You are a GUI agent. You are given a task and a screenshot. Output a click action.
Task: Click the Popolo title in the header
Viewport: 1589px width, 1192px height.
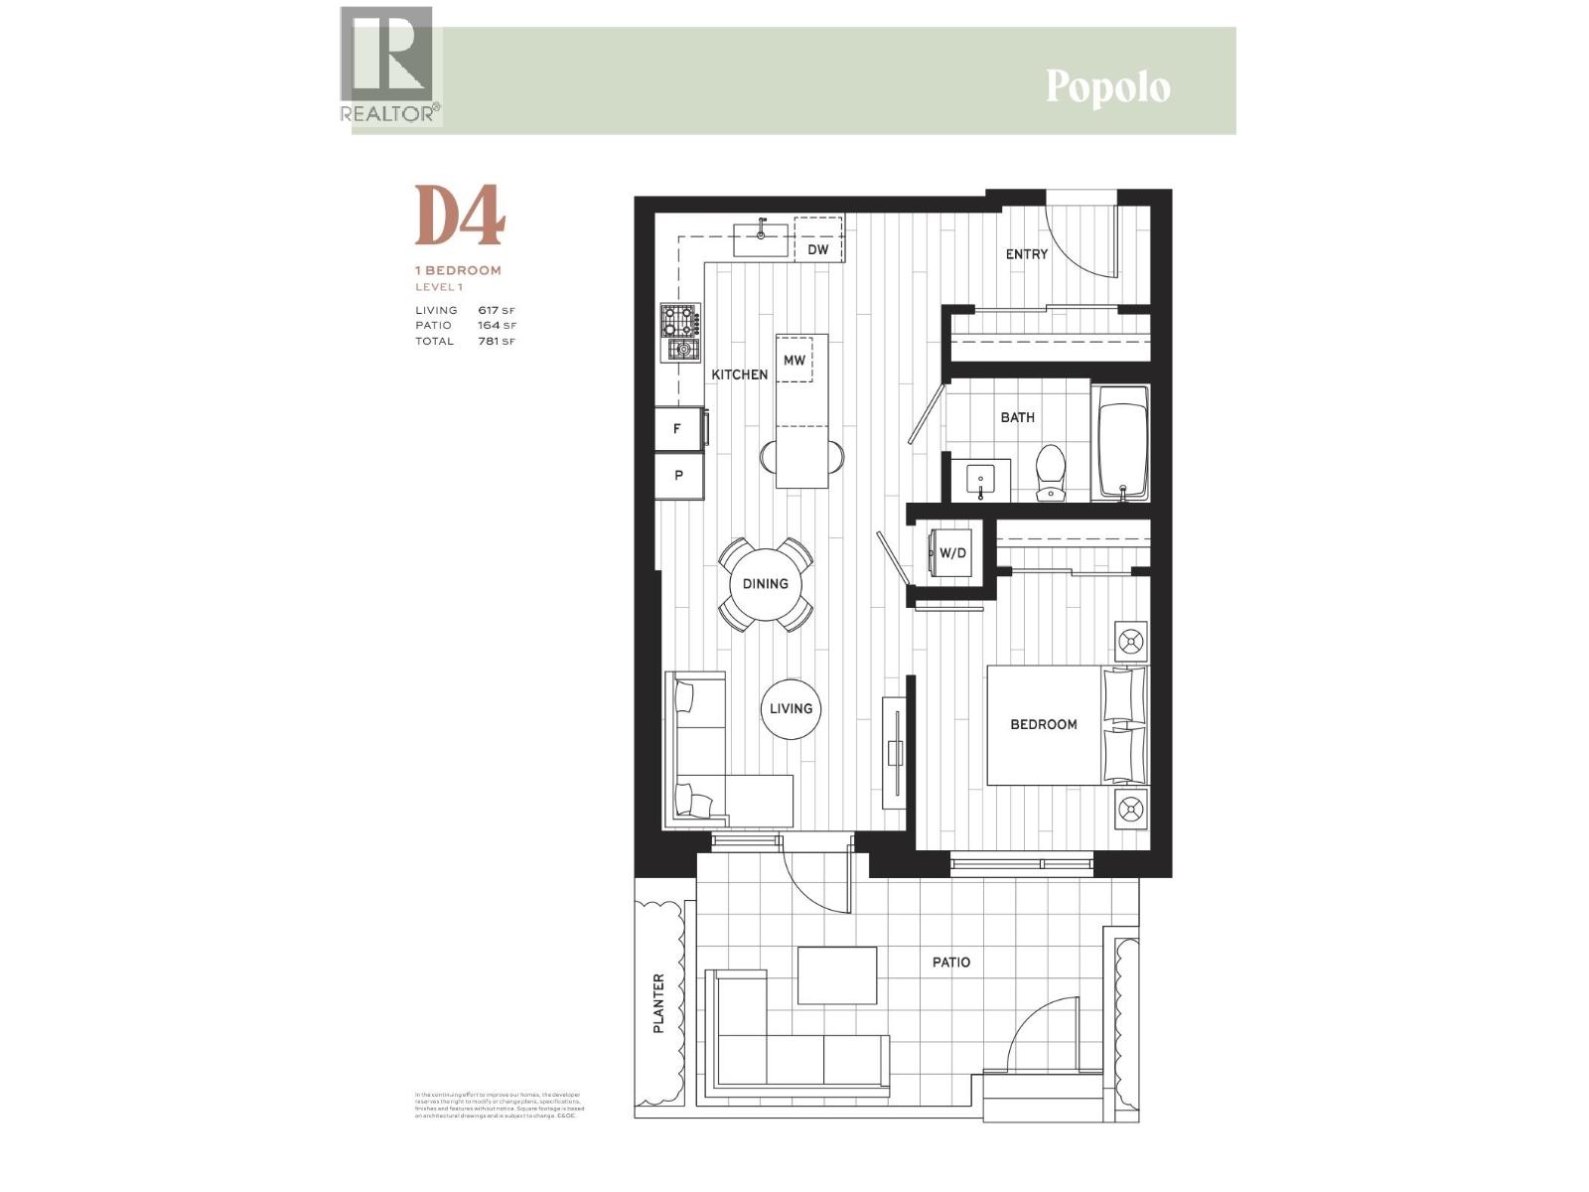[1107, 87]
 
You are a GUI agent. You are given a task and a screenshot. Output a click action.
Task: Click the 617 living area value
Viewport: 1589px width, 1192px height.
[489, 310]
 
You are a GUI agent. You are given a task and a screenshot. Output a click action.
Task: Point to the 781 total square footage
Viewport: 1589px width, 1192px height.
[489, 341]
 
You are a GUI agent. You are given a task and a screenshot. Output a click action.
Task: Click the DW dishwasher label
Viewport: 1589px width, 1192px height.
[817, 249]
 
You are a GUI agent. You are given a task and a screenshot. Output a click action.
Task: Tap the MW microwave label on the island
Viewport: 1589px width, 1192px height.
[794, 360]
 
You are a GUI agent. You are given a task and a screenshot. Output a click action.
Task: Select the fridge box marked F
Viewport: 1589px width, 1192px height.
[677, 429]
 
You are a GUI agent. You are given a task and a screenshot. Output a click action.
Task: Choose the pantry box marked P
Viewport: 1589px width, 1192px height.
[678, 475]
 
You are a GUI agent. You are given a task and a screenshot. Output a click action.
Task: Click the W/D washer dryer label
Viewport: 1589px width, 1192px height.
[952, 552]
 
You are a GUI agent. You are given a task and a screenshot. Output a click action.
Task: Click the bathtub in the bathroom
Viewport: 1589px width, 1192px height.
[1122, 443]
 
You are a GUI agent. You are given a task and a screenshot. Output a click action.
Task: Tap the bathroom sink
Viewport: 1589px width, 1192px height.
[980, 481]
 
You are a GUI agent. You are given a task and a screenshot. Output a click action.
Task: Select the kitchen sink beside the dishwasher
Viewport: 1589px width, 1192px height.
[761, 238]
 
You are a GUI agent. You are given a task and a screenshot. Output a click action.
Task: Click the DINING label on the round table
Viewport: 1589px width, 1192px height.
[765, 583]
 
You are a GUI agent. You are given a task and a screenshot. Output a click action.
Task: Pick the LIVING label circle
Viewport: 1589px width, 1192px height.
[791, 708]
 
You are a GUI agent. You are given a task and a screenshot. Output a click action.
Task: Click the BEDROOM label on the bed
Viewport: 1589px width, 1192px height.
[1043, 724]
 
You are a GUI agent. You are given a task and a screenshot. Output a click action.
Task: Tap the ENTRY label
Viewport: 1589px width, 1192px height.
[1026, 254]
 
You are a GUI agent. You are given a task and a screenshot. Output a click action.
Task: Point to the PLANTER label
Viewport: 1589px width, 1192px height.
[658, 1003]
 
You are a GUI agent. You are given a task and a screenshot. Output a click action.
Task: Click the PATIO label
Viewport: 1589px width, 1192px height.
[950, 962]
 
